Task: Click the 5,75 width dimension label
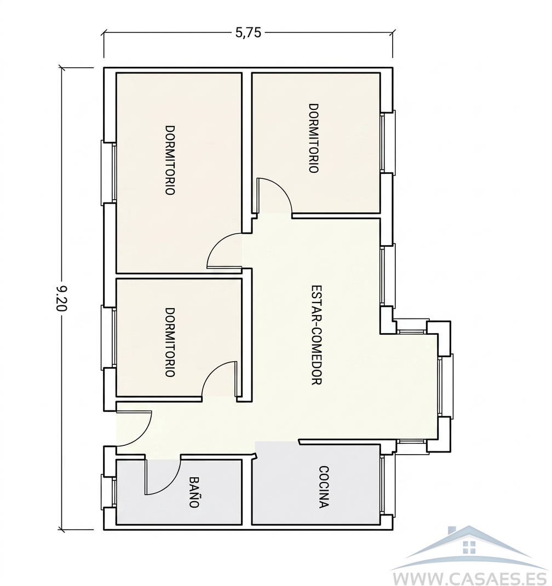point(248,33)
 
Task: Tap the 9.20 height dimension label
point(61,299)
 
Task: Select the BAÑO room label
point(193,492)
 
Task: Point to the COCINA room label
point(324,487)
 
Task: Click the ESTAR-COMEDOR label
point(317,335)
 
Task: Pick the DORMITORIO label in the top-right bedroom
point(313,138)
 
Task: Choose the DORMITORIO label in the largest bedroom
point(170,160)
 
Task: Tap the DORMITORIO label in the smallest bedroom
point(170,343)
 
